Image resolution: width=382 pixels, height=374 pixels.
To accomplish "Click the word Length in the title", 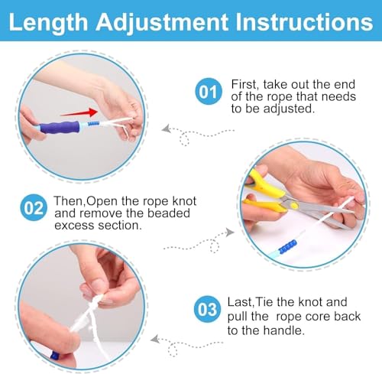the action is coord(48,23).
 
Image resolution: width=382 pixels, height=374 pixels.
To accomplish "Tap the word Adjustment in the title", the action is coord(162,23).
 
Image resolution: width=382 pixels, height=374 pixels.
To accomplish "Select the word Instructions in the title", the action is coord(304,22).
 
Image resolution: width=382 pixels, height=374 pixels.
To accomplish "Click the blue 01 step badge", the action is coord(209,91).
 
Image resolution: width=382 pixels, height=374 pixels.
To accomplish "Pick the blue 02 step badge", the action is coord(34,207).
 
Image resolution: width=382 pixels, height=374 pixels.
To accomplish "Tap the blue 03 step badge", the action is coord(207,309).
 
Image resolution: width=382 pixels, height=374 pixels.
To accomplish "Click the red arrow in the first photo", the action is coord(79,112).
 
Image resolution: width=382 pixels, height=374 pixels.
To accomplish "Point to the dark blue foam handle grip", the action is coord(60,127).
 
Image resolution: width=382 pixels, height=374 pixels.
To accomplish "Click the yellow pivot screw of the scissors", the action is coord(294,205).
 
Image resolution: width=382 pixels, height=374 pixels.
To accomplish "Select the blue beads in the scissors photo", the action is coord(288,247).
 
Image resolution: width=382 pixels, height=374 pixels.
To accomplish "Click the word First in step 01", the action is coord(244,85).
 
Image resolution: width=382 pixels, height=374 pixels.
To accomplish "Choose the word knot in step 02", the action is coord(184,201).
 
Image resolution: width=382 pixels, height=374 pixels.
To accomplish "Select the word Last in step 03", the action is coord(240,302).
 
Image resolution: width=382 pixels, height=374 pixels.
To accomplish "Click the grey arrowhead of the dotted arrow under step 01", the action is coord(166,128).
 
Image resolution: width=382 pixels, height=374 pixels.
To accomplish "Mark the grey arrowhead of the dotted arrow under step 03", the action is coord(155,339).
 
